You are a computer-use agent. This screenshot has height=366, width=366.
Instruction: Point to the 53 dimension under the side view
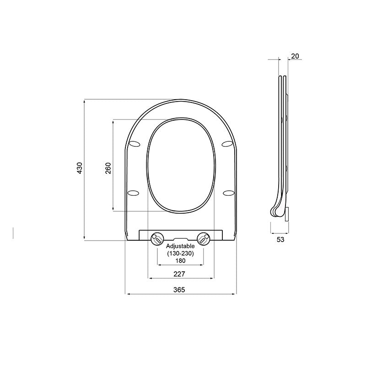click(x=280, y=239)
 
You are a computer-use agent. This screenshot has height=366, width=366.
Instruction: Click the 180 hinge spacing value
click(x=181, y=261)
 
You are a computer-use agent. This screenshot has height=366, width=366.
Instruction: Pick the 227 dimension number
click(x=179, y=274)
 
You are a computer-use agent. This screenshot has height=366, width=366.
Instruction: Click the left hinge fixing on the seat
click(x=157, y=238)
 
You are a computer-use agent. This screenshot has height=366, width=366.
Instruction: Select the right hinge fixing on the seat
click(x=204, y=238)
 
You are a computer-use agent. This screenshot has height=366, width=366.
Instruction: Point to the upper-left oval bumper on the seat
click(x=135, y=145)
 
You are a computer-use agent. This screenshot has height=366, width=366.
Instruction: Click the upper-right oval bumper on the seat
click(x=227, y=145)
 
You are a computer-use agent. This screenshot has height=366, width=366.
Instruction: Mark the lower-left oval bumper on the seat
click(x=134, y=192)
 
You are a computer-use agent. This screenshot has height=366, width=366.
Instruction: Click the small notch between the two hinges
click(x=181, y=239)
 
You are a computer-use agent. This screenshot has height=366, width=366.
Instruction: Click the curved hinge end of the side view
click(x=276, y=210)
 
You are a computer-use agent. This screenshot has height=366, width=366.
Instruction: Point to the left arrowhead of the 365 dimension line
click(x=127, y=294)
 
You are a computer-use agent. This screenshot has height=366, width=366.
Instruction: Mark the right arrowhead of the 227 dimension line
click(x=212, y=278)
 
